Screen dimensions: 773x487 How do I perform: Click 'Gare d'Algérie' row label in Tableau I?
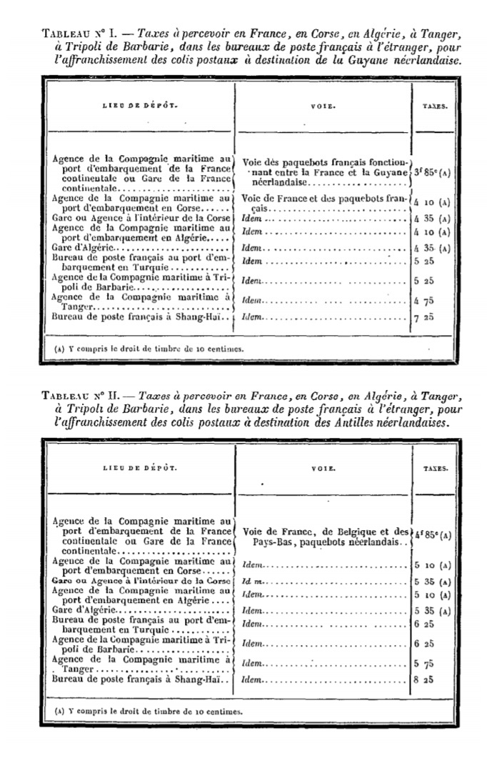click(79, 248)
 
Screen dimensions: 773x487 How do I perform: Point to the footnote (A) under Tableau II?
click(149, 712)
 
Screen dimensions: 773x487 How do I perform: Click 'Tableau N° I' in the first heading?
click(75, 34)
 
